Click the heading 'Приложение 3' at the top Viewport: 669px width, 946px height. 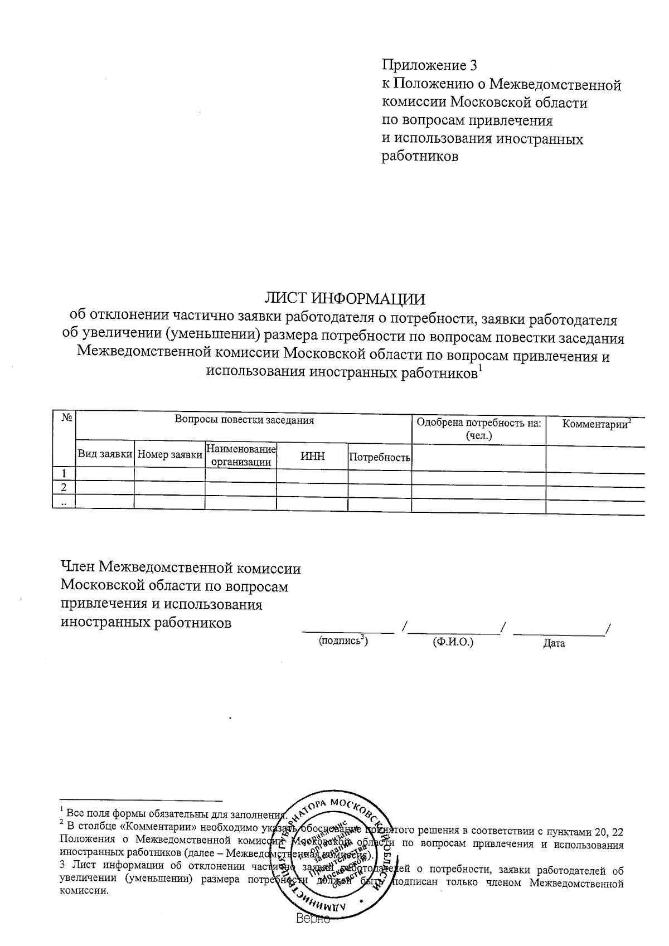[429, 65]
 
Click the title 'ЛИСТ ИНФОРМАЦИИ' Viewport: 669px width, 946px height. [345, 299]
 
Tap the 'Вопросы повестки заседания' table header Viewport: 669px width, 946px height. [244, 420]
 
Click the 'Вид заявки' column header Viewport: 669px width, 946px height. [105, 455]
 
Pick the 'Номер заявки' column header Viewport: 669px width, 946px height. [169, 455]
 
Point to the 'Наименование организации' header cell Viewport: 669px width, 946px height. [241, 455]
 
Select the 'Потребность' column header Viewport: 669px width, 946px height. [380, 458]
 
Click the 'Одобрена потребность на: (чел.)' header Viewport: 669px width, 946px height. [478, 429]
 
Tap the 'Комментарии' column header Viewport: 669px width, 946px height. [596, 424]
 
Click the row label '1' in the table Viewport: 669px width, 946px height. [64, 474]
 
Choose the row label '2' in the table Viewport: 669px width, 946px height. [64, 487]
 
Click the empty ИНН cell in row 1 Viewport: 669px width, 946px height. [312, 475]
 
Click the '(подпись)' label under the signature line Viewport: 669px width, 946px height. [343, 641]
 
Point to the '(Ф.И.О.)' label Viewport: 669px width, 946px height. [453, 642]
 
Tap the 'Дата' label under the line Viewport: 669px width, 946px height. [554, 643]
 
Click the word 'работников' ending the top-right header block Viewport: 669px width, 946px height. [420, 157]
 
